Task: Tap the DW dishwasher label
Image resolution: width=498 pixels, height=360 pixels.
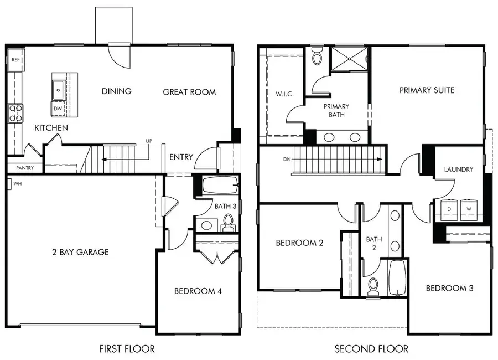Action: coord(58,109)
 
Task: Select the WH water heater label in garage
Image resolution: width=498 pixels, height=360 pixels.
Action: coord(17,183)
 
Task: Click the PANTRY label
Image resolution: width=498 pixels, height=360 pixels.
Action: coord(24,168)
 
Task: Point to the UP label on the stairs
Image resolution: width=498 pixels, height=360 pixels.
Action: coord(148,141)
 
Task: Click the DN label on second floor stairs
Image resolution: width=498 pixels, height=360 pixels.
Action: coord(286,159)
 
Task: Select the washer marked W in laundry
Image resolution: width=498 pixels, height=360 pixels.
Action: coord(469,209)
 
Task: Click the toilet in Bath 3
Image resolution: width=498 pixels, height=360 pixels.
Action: coord(227,222)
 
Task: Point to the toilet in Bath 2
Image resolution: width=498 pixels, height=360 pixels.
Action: coord(373,285)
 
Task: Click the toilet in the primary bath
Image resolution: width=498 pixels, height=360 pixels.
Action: coord(318,56)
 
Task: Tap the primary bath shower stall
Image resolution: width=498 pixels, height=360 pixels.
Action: coord(349,60)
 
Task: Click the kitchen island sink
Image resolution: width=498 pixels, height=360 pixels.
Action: coord(58,88)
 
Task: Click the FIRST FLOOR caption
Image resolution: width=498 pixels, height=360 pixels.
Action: coord(127,349)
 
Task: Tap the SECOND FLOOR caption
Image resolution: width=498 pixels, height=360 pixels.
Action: coord(371,349)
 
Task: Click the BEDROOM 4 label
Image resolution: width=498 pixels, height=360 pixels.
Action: coord(198,291)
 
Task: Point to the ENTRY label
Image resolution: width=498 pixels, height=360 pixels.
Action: coord(181,157)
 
